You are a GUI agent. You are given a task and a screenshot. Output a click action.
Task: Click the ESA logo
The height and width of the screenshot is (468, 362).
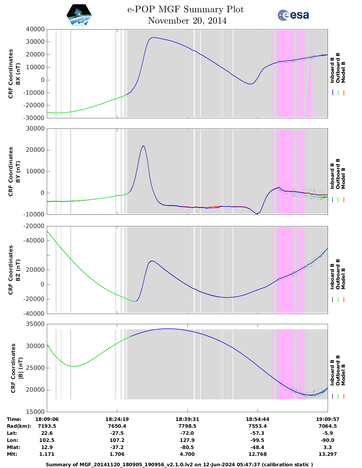tap(293, 15)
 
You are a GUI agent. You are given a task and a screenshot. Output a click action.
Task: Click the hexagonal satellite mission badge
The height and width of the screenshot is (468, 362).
tap(79, 15)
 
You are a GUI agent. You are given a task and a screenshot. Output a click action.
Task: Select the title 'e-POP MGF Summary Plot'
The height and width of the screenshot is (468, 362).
tap(185, 9)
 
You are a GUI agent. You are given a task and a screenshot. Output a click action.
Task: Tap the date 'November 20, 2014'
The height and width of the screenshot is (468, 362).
tap(187, 21)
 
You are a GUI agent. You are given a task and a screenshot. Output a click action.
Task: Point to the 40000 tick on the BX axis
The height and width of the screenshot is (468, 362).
tap(35, 29)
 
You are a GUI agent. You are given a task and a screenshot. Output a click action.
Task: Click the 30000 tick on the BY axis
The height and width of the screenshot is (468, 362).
tap(35, 129)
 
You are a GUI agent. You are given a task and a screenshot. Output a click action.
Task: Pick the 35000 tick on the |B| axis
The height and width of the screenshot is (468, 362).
tap(35, 324)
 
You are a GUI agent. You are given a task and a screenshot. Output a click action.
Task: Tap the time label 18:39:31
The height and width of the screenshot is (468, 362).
tap(187, 419)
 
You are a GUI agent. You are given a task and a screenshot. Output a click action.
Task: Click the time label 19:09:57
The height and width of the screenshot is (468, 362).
tap(328, 419)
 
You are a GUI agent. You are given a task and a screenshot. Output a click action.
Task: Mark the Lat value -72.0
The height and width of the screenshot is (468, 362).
tap(187, 433)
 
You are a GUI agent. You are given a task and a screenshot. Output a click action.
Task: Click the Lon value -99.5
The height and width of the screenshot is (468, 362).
tap(258, 440)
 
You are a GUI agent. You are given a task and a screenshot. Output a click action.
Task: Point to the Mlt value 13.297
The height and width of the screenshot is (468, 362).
tap(328, 454)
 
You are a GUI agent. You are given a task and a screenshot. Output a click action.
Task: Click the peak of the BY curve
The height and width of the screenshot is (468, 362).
tap(143, 146)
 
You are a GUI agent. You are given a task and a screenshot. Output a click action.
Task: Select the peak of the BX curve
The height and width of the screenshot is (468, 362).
tap(153, 37)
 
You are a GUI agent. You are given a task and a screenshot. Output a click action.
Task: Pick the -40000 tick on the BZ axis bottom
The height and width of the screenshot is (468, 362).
tap(35, 314)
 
